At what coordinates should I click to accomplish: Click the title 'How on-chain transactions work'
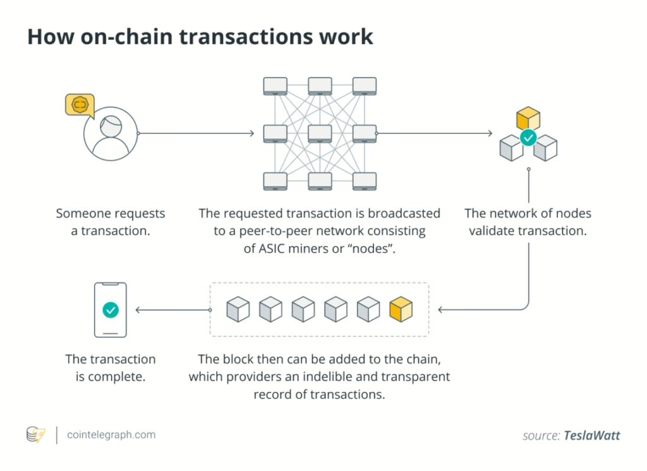click(200, 37)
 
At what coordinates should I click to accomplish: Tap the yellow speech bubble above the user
click(80, 105)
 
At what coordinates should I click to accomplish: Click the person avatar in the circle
click(111, 134)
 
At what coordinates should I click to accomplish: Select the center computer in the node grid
click(320, 134)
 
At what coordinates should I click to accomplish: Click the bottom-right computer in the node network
click(365, 181)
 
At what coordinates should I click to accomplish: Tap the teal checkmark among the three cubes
click(528, 137)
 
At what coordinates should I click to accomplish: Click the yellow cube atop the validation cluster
click(528, 118)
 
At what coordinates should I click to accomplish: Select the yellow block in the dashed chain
click(401, 309)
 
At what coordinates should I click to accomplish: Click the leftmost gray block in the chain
click(238, 309)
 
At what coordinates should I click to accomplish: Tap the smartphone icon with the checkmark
click(111, 309)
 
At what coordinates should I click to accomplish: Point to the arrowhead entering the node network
click(251, 134)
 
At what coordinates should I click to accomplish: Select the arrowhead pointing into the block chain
click(441, 310)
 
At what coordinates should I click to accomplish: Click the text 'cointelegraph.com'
click(111, 435)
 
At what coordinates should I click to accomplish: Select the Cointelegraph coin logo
click(35, 435)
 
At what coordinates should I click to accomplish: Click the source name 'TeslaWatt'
click(592, 436)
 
